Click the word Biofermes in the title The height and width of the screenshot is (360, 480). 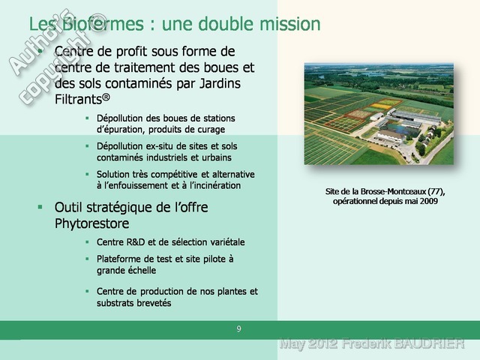click(103, 24)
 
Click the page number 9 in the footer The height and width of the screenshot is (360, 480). click(238, 329)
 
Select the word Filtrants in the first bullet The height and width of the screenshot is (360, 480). click(78, 99)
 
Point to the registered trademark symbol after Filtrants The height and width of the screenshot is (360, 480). click(106, 97)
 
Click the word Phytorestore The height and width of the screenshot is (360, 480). click(91, 223)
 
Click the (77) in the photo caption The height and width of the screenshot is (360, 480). click(436, 192)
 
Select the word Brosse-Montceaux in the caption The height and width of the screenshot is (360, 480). click(393, 192)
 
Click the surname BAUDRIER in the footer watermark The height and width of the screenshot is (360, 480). click(429, 343)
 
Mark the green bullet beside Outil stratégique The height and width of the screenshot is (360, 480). click(40, 207)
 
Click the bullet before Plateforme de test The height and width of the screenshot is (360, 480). click(87, 259)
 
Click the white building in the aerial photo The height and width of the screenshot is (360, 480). click(391, 136)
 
